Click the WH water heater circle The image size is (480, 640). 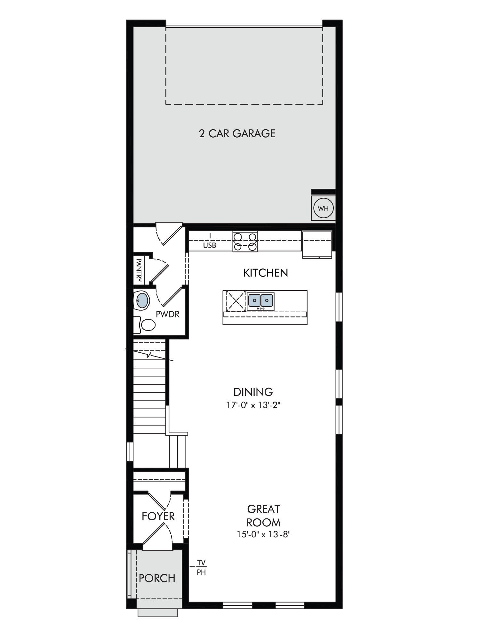(x=323, y=209)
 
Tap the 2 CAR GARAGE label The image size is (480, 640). (x=237, y=133)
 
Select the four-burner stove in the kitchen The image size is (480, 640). (x=245, y=241)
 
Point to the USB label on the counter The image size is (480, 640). (x=210, y=245)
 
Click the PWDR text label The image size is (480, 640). (x=168, y=314)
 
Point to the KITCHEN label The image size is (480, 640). (x=266, y=273)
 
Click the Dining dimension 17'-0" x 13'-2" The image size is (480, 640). (x=253, y=405)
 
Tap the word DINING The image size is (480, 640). (x=253, y=392)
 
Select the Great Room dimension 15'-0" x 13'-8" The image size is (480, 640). (x=264, y=534)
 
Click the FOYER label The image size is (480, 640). (x=158, y=516)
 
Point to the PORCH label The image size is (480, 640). (x=157, y=578)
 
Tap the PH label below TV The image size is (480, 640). (x=201, y=572)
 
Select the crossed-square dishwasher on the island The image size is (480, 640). (x=236, y=300)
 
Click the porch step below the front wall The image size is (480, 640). (x=157, y=612)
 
